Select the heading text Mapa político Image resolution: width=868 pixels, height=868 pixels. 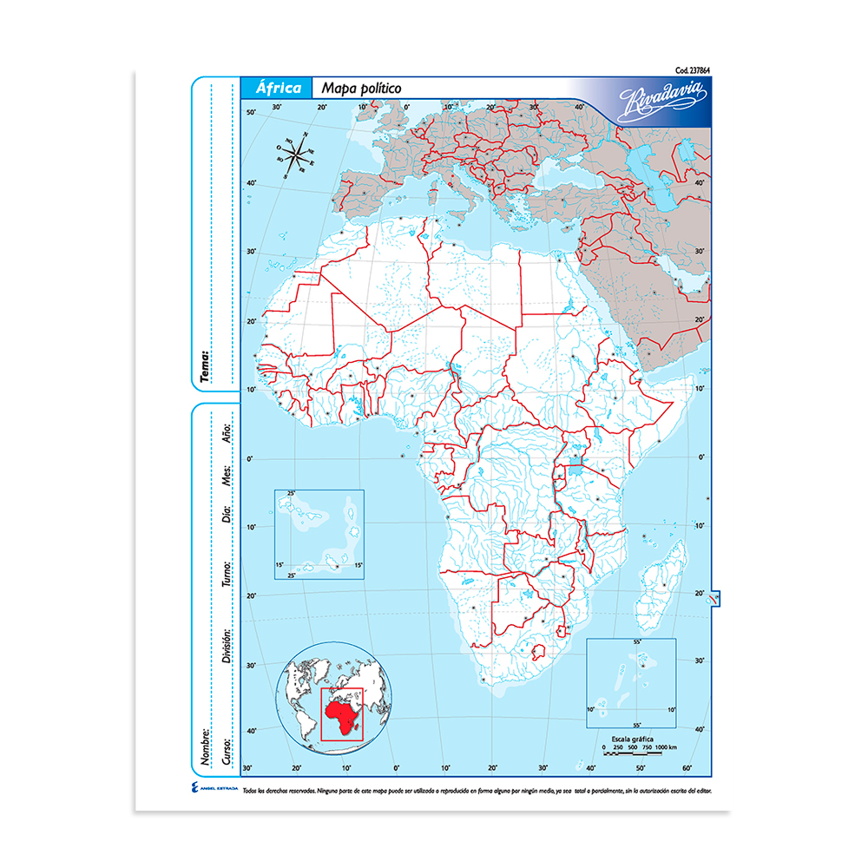tap(360, 89)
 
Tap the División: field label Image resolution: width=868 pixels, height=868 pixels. tap(227, 647)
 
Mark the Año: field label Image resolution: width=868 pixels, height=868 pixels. tap(227, 432)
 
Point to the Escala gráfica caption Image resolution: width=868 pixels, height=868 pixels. tap(639, 738)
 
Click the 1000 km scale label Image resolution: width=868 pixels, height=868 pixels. tap(667, 746)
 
